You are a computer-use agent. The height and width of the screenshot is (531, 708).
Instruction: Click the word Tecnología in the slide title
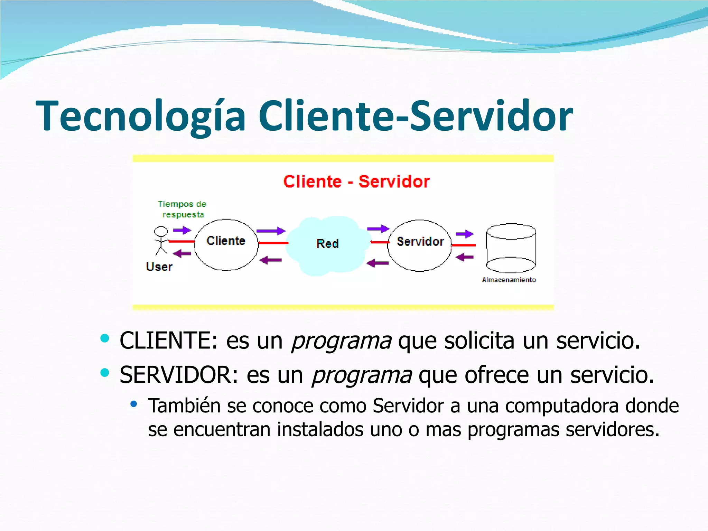[140, 116]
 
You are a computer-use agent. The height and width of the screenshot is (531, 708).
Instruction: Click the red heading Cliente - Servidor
[356, 181]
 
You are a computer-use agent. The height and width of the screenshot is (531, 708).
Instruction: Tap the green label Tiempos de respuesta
[182, 209]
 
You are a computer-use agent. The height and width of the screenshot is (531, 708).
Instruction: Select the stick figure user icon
[161, 240]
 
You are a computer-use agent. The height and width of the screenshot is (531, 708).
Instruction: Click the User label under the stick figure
[159, 267]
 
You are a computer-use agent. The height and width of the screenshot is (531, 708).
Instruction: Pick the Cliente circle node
[226, 245]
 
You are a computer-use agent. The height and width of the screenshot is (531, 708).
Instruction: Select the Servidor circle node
[420, 245]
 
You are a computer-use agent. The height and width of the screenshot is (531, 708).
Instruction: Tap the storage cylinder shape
[511, 248]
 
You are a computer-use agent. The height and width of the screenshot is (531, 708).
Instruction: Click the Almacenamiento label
[509, 280]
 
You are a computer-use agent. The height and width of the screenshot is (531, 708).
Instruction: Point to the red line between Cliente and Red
[273, 243]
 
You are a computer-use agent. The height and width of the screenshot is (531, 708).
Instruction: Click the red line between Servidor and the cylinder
[464, 245]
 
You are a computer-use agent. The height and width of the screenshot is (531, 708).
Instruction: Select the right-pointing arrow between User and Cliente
[182, 230]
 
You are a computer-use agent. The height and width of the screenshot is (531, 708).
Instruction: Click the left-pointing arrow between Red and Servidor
[377, 263]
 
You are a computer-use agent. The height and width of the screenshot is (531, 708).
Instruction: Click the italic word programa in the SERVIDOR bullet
[362, 375]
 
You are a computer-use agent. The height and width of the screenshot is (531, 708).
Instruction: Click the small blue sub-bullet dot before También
[134, 403]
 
